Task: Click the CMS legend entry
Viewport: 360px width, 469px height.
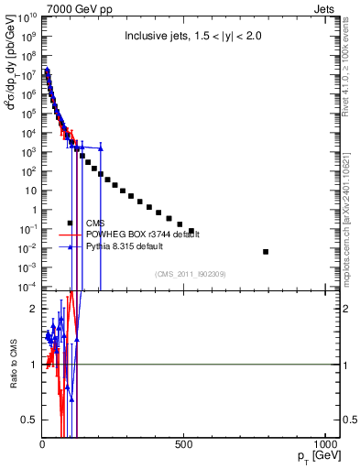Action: pos(96,223)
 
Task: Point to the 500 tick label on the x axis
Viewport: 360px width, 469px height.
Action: pos(184,445)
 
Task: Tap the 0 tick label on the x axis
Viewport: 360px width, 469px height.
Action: pos(43,445)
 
